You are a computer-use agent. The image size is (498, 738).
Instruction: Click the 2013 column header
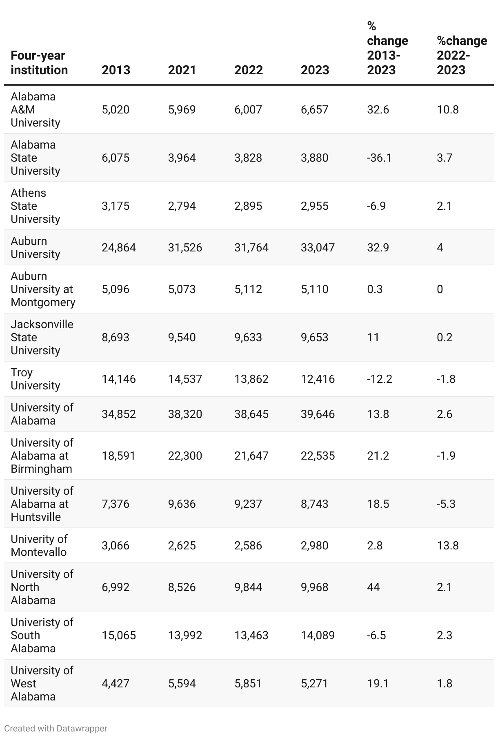click(116, 70)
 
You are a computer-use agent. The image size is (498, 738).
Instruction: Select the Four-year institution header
click(39, 62)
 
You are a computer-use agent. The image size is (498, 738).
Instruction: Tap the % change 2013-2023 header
click(387, 48)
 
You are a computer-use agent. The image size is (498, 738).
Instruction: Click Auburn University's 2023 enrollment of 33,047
click(318, 247)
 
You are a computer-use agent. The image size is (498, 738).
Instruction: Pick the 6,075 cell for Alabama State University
click(116, 158)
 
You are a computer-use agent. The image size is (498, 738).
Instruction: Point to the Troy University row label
click(35, 379)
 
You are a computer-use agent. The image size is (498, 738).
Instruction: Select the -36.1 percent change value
click(379, 158)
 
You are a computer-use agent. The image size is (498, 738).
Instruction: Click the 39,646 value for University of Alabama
click(318, 414)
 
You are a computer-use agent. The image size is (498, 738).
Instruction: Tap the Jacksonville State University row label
click(42, 337)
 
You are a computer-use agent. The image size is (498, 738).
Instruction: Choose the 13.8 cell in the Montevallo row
click(447, 545)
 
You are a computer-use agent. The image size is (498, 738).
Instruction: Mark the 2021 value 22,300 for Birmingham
click(185, 456)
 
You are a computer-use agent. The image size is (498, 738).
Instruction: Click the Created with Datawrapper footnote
click(56, 728)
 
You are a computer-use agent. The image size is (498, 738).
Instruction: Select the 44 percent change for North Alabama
click(373, 587)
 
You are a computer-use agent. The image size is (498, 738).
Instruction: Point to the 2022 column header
click(249, 70)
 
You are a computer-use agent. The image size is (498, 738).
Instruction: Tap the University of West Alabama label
click(42, 683)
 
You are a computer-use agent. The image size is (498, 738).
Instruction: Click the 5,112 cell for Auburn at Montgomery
click(248, 289)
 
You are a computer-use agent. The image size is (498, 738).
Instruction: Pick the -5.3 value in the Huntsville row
click(446, 504)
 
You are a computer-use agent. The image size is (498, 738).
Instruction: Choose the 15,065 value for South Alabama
click(119, 635)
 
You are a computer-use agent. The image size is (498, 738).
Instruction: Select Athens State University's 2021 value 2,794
click(182, 206)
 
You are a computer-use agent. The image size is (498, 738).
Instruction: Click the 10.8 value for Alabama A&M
click(447, 109)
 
